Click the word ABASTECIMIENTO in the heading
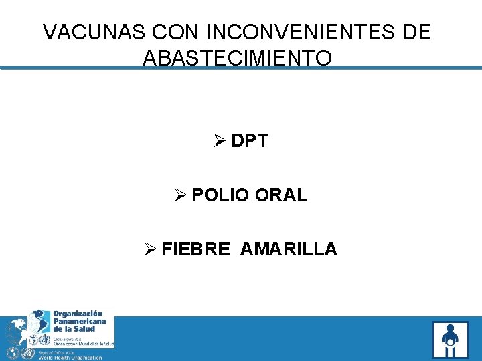click(x=237, y=57)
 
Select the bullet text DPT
click(x=250, y=141)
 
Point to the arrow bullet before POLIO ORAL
click(x=179, y=195)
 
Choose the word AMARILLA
click(x=289, y=249)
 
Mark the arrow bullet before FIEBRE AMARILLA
click(x=150, y=249)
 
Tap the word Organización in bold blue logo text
click(x=78, y=313)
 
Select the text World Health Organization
click(x=70, y=357)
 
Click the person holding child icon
click(x=450, y=340)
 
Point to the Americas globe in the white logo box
click(x=39, y=322)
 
